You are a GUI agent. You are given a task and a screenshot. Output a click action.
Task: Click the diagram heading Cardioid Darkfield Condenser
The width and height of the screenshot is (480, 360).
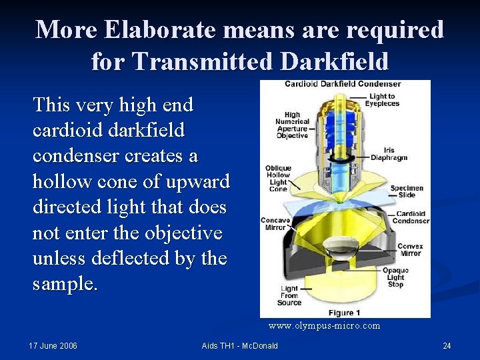point(343,84)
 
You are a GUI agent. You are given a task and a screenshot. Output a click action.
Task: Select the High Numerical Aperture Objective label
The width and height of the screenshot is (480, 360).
point(292,125)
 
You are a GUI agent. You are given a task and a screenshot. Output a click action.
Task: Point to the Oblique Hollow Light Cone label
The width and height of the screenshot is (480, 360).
point(277,179)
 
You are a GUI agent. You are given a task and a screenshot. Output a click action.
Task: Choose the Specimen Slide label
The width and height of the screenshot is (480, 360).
point(407,192)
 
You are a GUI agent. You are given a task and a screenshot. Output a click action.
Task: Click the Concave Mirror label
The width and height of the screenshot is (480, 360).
point(275,224)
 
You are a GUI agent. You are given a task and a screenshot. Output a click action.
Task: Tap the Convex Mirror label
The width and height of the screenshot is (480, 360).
point(410,249)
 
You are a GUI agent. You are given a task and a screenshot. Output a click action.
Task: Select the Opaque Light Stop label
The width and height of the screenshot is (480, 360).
point(395,277)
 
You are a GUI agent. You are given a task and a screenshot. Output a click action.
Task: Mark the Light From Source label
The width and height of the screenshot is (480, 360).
point(289,296)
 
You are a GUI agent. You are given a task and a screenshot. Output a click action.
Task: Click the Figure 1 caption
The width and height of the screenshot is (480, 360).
point(345,312)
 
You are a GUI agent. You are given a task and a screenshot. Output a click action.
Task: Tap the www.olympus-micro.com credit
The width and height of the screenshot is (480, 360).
point(324,326)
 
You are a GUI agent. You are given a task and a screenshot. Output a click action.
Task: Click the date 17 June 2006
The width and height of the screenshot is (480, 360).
point(53,345)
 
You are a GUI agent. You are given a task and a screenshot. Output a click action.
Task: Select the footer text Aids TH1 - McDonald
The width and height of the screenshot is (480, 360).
point(239,345)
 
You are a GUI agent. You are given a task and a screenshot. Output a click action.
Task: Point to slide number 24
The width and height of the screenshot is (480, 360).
point(447,345)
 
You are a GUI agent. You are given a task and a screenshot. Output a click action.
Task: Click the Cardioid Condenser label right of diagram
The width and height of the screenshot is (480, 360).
point(411,217)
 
